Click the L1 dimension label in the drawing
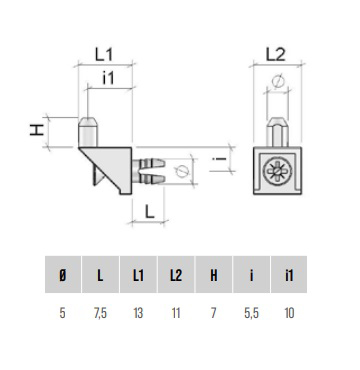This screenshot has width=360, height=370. click(x=105, y=54)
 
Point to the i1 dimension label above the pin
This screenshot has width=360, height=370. click(x=108, y=79)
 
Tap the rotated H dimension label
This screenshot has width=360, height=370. click(x=37, y=130)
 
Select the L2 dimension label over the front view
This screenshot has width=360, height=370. click(x=276, y=54)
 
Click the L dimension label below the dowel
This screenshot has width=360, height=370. click(x=150, y=211)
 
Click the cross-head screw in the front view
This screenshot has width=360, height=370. click(x=277, y=171)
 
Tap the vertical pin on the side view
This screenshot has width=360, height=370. click(x=88, y=132)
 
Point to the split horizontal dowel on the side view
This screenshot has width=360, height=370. click(x=149, y=171)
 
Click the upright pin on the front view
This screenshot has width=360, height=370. click(x=278, y=132)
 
